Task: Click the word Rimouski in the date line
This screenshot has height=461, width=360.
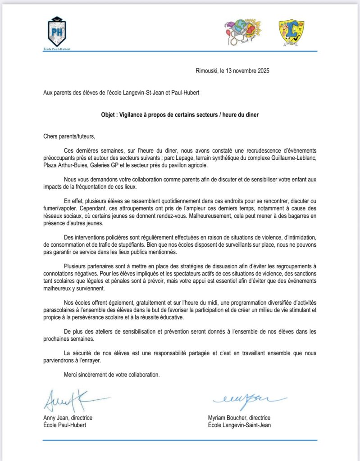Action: point(206,70)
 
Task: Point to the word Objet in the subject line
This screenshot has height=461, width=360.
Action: point(109,115)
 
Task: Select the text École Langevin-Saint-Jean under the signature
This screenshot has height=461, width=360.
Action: point(239,425)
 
